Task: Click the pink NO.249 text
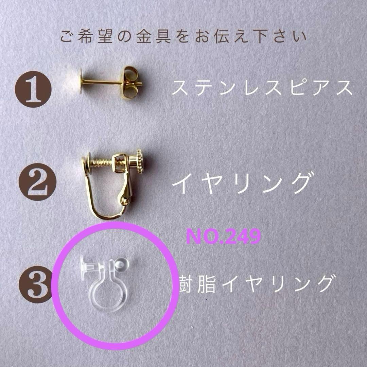coord(223,237)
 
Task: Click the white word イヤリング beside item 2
coord(242,183)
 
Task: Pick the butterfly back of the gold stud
coord(131,82)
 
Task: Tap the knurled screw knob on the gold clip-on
coord(140,161)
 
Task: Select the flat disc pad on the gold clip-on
coord(86,163)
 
